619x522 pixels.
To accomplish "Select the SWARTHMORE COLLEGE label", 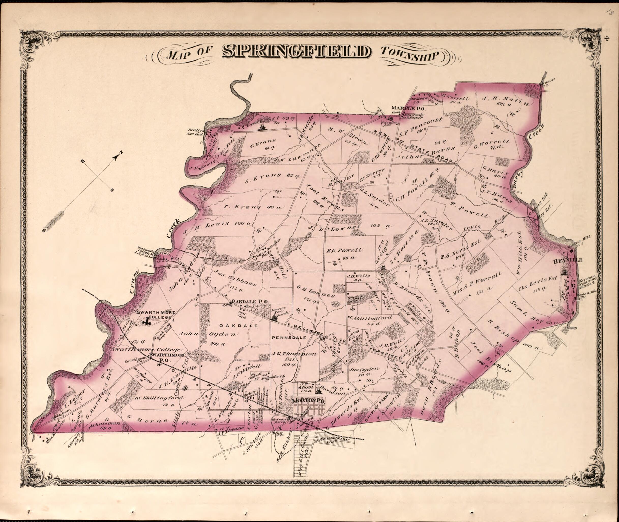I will [x=156, y=315].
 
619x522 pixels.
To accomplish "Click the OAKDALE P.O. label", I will [x=250, y=301].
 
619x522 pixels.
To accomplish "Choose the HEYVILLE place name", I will [x=568, y=260].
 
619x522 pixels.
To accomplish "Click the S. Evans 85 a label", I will [x=272, y=177].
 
